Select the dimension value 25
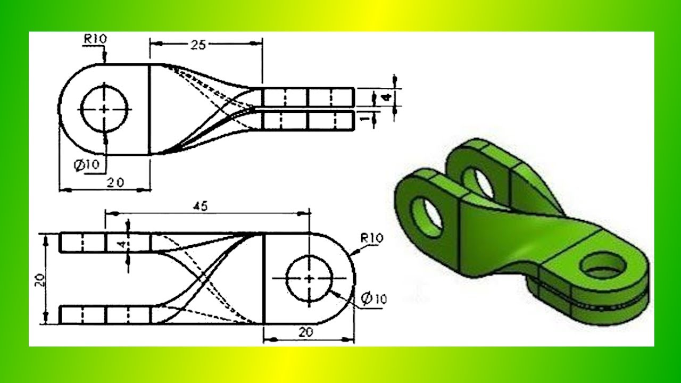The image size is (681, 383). click(x=198, y=45)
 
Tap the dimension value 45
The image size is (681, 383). click(x=200, y=206)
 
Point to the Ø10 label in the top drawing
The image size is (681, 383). click(x=86, y=165)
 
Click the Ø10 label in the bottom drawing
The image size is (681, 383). click(x=373, y=299)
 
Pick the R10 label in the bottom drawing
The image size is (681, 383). click(x=371, y=238)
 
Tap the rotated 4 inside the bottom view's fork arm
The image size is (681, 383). click(x=122, y=244)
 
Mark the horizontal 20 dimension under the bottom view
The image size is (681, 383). click(x=305, y=332)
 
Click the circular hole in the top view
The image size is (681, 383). click(x=104, y=109)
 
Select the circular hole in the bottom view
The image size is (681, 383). click(x=309, y=278)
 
